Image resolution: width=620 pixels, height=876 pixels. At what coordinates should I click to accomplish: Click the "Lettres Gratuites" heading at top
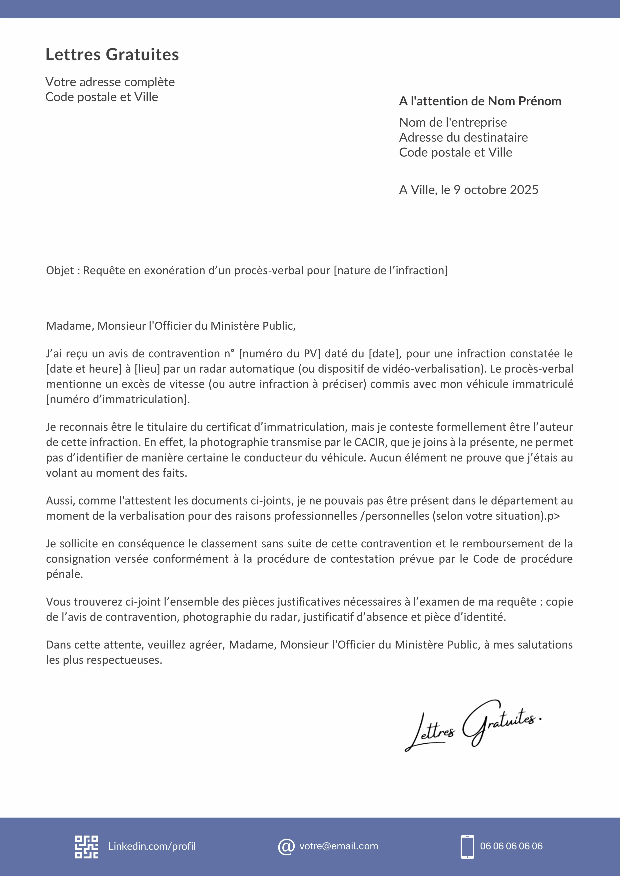pyautogui.click(x=112, y=54)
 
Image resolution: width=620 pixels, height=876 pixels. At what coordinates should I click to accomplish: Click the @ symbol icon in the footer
pyautogui.click(x=286, y=846)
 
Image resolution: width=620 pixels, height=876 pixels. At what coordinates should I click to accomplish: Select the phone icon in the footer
pyautogui.click(x=467, y=846)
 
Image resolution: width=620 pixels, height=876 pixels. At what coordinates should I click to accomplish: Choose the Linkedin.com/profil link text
pyautogui.click(x=152, y=846)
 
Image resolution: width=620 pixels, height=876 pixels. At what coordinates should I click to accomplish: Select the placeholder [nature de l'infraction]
pyautogui.click(x=391, y=270)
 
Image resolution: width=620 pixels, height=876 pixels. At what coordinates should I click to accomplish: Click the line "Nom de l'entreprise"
pyautogui.click(x=453, y=122)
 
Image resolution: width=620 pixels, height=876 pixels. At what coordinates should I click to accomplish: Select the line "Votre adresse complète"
pyautogui.click(x=110, y=82)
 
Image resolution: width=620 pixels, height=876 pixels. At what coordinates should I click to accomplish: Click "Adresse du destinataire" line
pyautogui.click(x=463, y=137)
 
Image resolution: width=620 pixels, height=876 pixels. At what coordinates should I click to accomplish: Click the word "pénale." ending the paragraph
pyautogui.click(x=64, y=574)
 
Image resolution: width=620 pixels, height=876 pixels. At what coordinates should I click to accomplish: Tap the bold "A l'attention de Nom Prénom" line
pyautogui.click(x=480, y=101)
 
